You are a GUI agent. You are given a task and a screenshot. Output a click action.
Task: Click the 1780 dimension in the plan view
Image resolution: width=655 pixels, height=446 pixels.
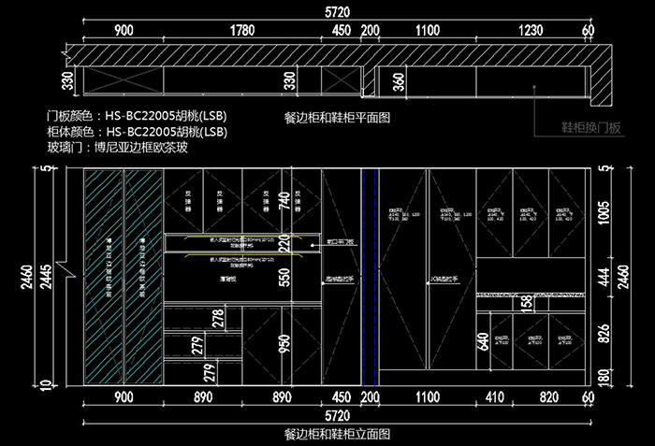[x=242, y=30]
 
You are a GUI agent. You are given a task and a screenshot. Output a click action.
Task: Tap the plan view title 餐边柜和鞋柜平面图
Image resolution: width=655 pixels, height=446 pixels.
[x=336, y=119]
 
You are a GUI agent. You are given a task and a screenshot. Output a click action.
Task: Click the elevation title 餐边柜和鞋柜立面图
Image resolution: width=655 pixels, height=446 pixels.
[x=336, y=435]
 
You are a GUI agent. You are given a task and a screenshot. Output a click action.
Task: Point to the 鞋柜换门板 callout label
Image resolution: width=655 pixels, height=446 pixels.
[x=591, y=127]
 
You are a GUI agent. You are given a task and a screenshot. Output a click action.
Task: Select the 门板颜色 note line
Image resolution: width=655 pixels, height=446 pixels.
[x=137, y=116]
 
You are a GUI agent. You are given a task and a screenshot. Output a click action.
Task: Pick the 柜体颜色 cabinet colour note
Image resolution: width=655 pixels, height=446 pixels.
[x=137, y=131]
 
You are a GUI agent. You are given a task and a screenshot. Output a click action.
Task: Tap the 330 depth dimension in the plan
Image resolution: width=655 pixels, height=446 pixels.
[x=67, y=80]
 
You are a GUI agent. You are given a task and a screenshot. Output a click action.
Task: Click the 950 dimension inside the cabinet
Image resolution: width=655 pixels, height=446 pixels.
[x=283, y=344]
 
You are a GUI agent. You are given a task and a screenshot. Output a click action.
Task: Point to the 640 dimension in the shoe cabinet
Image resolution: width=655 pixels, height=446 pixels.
[x=483, y=342]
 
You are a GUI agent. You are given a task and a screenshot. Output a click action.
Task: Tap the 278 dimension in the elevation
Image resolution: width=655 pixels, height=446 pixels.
[x=219, y=318]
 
